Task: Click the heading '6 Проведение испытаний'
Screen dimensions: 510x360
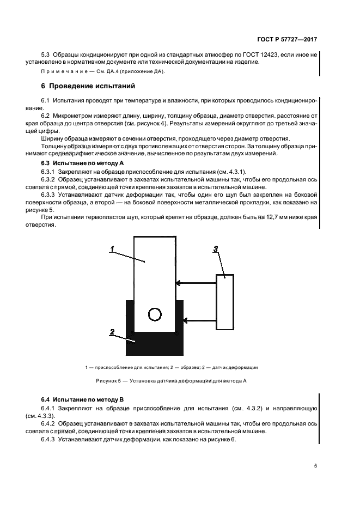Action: [88, 86]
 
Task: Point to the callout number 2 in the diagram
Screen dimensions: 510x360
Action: [111, 331]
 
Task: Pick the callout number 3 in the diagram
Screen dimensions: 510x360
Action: [216, 249]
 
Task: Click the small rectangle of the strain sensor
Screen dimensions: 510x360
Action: [224, 301]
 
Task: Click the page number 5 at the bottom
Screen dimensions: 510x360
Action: [315, 465]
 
